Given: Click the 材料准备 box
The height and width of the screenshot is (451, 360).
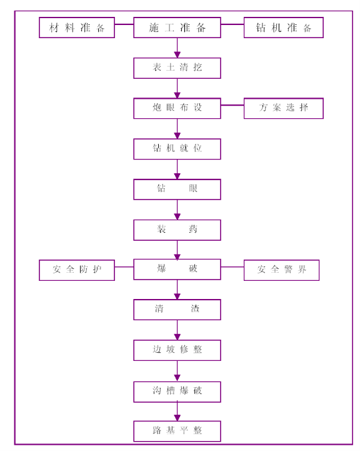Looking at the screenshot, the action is coord(77,28).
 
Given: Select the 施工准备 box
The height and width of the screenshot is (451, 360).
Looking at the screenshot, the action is coord(177,28).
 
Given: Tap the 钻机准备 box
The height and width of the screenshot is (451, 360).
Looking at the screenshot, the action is coord(284,28).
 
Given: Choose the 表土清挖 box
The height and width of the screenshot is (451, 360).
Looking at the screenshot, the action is coord(177,68).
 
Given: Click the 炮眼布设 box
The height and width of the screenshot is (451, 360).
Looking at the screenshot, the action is coord(177,108).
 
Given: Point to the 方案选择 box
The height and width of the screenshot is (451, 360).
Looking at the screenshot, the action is coord(284,108).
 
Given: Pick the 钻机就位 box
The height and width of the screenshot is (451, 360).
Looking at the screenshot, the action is coord(177,149).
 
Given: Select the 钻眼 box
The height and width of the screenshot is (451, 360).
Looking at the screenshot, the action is coord(177,190).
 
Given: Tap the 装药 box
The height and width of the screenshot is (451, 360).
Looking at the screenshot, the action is coord(177,230).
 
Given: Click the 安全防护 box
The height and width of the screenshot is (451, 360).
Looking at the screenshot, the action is coord(77,270).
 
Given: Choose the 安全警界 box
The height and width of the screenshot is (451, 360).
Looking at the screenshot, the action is coord(282,270).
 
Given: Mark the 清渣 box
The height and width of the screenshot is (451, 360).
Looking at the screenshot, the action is coord(177,310).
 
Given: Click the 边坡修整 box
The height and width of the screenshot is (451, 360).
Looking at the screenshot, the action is coord(177,350).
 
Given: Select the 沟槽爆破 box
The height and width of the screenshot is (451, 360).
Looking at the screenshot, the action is coord(177,392).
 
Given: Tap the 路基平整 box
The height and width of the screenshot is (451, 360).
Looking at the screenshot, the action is coord(177,431).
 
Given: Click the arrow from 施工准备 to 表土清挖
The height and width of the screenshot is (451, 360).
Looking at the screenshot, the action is coord(177,48).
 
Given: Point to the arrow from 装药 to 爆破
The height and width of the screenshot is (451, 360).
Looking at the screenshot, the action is coord(177,250).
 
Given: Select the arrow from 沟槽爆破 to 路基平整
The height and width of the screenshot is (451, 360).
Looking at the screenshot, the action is coord(177,412).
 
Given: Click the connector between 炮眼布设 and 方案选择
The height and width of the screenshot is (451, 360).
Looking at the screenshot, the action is coord(232,105).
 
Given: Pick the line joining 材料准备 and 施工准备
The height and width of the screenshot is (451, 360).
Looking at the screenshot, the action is coord(124,24).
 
